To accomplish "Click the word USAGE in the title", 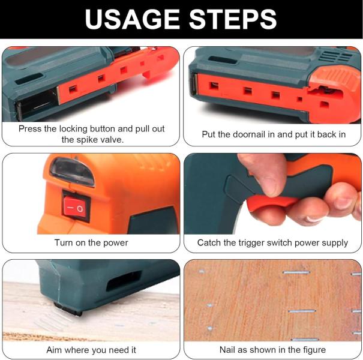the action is click(132, 19).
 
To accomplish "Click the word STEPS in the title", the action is click(233, 19).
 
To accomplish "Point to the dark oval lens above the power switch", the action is click(71, 172).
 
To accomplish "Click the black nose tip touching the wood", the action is click(68, 308).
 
